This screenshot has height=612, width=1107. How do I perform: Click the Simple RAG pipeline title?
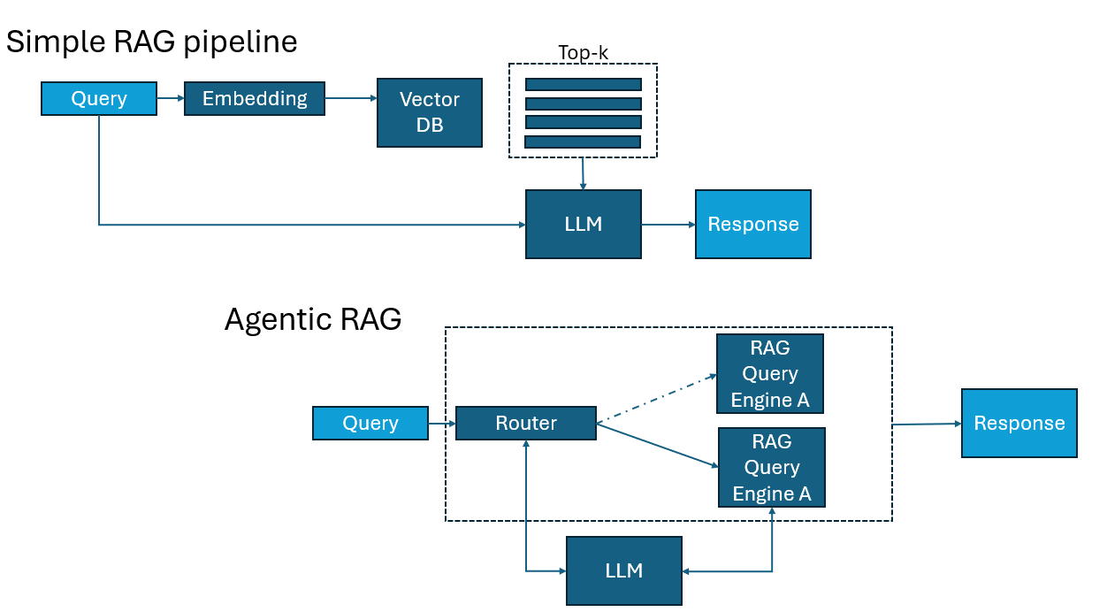click(x=151, y=42)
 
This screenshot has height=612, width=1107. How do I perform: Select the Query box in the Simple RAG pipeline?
click(x=99, y=98)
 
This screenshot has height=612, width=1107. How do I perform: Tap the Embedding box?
click(x=255, y=98)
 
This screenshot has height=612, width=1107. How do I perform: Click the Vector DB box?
click(x=430, y=112)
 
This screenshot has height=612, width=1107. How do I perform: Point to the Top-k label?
click(x=583, y=53)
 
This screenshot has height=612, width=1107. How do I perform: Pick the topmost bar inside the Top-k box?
click(x=583, y=84)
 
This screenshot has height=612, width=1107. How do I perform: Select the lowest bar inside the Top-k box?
click(x=582, y=142)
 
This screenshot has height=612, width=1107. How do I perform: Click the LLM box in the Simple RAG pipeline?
click(x=583, y=224)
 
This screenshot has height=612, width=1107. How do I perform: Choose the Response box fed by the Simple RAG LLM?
click(x=752, y=224)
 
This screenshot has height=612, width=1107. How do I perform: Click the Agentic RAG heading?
click(x=313, y=319)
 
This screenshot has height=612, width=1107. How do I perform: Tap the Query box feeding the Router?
click(x=370, y=423)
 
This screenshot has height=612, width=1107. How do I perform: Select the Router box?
click(x=526, y=423)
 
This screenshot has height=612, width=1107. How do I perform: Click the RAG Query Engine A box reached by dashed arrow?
click(x=769, y=374)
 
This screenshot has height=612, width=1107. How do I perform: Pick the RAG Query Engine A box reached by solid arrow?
click(x=771, y=467)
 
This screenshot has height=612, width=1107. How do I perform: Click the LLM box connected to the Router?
click(x=623, y=570)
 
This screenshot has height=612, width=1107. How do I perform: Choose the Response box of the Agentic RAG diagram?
click(x=1019, y=423)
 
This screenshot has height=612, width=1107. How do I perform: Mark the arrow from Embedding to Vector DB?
click(x=350, y=98)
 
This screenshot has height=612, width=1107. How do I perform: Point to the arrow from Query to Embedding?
click(x=170, y=98)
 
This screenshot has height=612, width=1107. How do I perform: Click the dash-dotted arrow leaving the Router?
click(x=655, y=400)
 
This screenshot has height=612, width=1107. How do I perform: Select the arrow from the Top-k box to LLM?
click(x=583, y=173)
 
